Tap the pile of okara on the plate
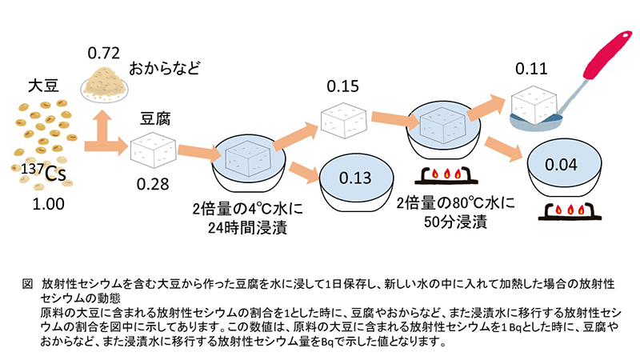(x=106, y=82)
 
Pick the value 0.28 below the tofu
(x=153, y=183)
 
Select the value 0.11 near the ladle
(x=530, y=68)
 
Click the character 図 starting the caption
(x=26, y=282)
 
